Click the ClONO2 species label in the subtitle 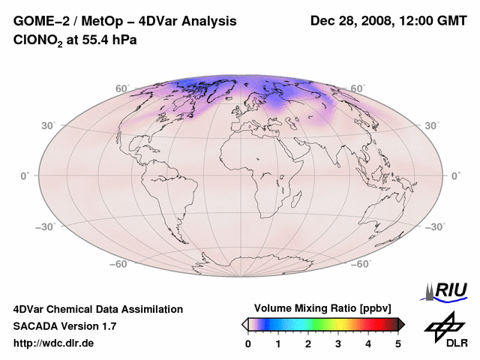(34, 40)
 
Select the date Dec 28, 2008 (350, 22)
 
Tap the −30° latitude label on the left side (46, 226)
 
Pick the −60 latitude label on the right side (361, 264)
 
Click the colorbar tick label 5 (398, 343)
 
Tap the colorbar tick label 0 (248, 343)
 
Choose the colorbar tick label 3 (338, 343)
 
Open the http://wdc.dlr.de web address (54, 343)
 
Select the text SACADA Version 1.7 (64, 326)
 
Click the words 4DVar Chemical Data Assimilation (98, 309)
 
